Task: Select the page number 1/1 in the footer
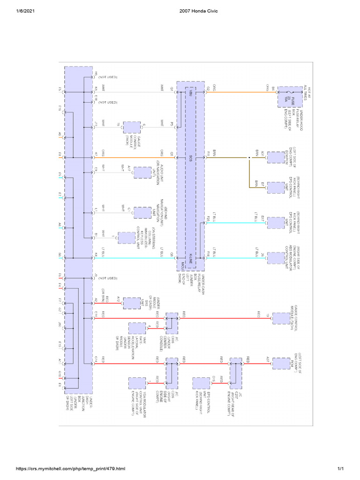click(x=341, y=469)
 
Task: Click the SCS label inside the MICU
click(x=190, y=158)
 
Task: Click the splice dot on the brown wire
click(x=249, y=158)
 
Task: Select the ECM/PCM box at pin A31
click(x=275, y=158)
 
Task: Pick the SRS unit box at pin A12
click(x=132, y=304)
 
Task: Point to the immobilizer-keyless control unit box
click(x=125, y=238)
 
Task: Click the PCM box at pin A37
click(x=281, y=363)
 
